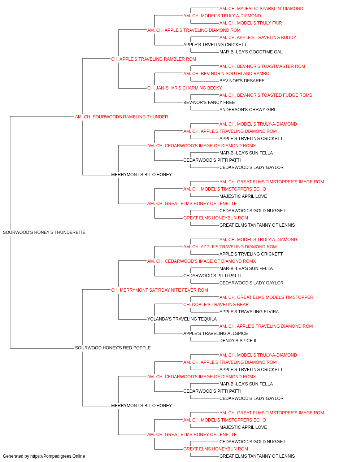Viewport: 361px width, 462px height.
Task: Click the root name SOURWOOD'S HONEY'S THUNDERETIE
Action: click(x=44, y=232)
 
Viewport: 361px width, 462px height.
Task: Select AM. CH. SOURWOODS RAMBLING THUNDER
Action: click(x=121, y=117)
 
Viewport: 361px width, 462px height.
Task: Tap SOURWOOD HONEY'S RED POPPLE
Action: click(x=113, y=348)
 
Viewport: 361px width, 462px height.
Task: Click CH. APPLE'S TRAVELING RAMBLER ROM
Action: click(x=153, y=59)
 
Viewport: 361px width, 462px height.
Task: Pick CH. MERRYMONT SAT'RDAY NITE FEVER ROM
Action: click(x=160, y=290)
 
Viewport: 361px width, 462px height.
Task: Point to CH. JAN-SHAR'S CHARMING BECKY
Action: click(x=184, y=88)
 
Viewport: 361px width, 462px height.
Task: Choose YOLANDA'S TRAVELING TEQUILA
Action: click(x=182, y=319)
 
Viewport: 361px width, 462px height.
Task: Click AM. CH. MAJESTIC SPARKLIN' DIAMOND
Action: click(x=261, y=9)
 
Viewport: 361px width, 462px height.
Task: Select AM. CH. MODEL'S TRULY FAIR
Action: click(x=251, y=23)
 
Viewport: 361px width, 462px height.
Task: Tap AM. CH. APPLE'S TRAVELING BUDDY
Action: click(x=258, y=38)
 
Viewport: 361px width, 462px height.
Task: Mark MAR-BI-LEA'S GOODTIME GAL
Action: click(x=251, y=52)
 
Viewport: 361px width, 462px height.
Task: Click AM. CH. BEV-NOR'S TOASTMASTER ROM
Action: click(x=262, y=66)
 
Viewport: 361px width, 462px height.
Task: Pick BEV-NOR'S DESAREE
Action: click(x=242, y=81)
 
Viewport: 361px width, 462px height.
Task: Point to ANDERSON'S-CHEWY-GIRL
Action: click(x=248, y=110)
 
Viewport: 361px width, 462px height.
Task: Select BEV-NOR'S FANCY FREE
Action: click(x=209, y=103)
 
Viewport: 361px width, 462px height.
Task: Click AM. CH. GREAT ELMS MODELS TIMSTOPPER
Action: click(x=266, y=297)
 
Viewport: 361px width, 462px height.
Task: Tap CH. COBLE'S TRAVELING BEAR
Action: click(x=216, y=305)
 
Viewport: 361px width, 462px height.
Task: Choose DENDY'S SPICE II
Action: click(x=238, y=341)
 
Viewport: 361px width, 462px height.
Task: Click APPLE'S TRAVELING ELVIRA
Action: click(x=249, y=312)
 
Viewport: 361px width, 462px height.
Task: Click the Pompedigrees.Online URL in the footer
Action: click(x=57, y=456)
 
